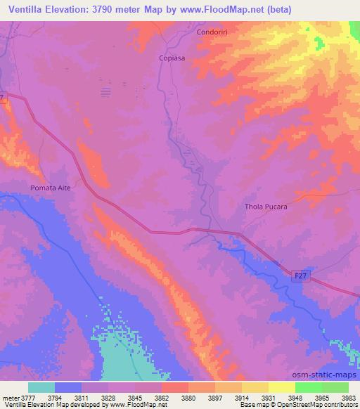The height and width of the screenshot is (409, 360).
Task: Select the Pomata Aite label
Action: (51, 188)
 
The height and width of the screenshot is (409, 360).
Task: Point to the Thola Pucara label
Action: (266, 207)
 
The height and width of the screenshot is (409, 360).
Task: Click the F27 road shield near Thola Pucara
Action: (300, 276)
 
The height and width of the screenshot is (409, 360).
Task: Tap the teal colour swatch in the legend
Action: (41, 387)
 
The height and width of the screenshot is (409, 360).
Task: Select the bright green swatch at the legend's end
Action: (335, 387)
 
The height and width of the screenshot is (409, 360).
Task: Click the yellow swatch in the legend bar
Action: (281, 387)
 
